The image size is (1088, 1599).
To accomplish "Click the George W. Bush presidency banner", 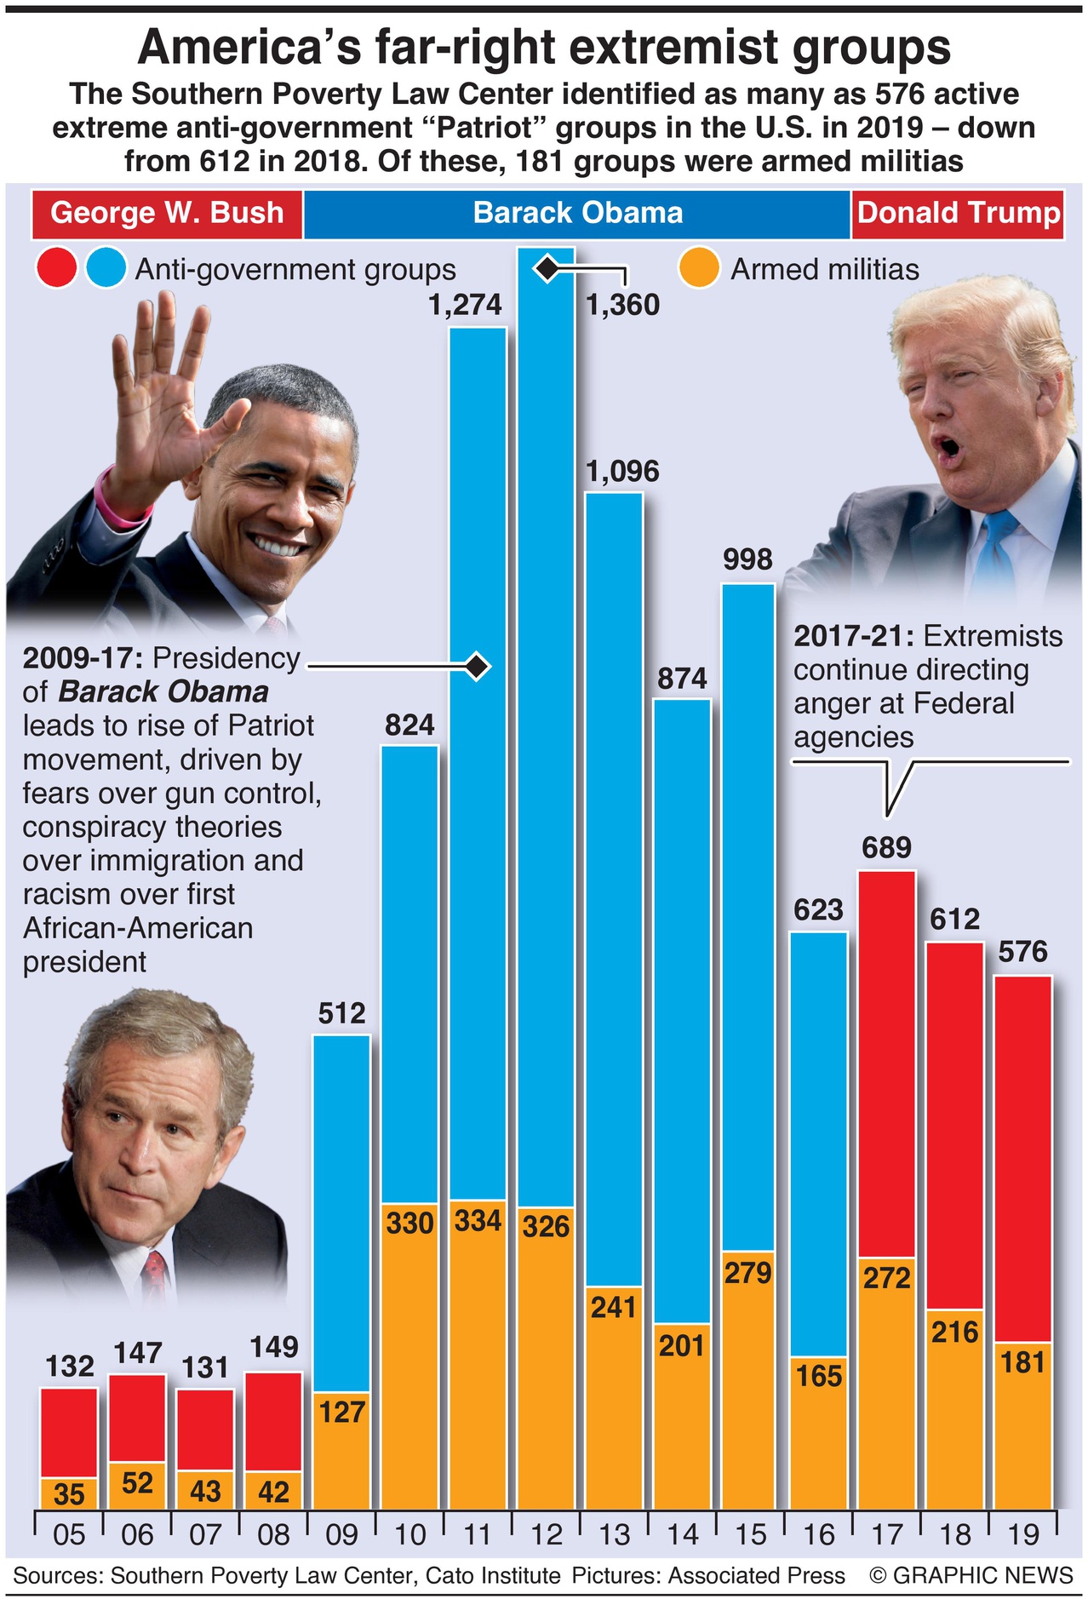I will click(x=167, y=213).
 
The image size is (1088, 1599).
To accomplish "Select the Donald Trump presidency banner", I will click(x=959, y=213).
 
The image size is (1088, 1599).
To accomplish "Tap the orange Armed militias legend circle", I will click(x=699, y=269).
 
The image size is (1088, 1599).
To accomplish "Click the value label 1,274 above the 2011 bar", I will click(x=465, y=305).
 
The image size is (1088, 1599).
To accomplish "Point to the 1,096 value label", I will click(x=622, y=471).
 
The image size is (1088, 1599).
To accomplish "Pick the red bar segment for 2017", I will click(x=886, y=1064).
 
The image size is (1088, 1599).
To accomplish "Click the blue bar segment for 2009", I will click(x=341, y=1209).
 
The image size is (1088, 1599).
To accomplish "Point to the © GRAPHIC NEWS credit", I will click(x=971, y=1575).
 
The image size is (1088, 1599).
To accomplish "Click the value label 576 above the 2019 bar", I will click(x=1022, y=951).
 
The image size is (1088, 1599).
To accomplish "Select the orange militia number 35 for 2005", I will click(x=69, y=1494).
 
